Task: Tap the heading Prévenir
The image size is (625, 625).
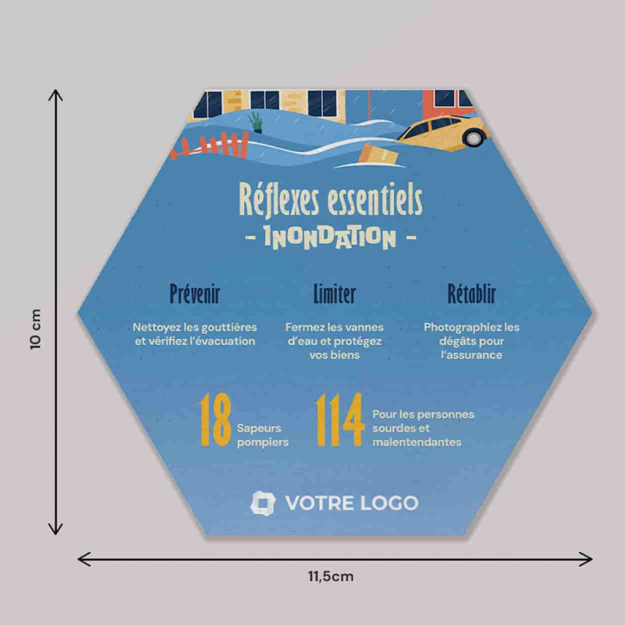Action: point(194,295)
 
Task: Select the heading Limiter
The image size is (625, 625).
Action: point(334,295)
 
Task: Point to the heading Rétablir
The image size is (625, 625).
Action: point(471,295)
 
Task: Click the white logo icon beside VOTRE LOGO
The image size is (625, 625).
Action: point(263,503)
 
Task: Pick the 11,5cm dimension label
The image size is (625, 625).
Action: point(330,576)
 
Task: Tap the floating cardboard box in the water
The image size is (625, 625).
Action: point(379,154)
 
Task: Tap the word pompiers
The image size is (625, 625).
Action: point(263,442)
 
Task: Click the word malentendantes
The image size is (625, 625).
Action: point(417,442)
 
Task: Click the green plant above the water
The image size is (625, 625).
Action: point(255,121)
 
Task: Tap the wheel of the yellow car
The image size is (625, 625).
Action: point(474,137)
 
